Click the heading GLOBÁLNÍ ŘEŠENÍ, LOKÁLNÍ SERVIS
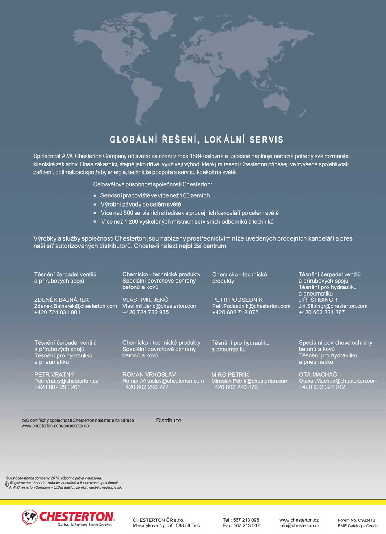click(x=197, y=140)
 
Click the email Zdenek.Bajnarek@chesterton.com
click(x=76, y=306)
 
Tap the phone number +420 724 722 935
click(x=145, y=313)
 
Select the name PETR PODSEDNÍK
click(x=237, y=300)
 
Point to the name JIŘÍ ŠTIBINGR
click(x=318, y=300)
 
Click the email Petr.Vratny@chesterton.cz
click(x=66, y=381)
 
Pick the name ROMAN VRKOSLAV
click(x=149, y=375)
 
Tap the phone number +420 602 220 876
click(x=234, y=387)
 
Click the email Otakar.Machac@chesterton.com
click(x=338, y=381)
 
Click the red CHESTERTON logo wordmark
click(x=77, y=517)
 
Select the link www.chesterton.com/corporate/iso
click(x=55, y=426)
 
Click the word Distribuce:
click(x=169, y=421)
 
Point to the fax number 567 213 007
click(x=247, y=526)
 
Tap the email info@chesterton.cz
click(x=299, y=526)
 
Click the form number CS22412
click(x=366, y=520)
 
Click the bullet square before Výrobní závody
click(x=95, y=205)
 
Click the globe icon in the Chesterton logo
click(x=30, y=517)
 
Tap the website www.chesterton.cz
click(x=299, y=520)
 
